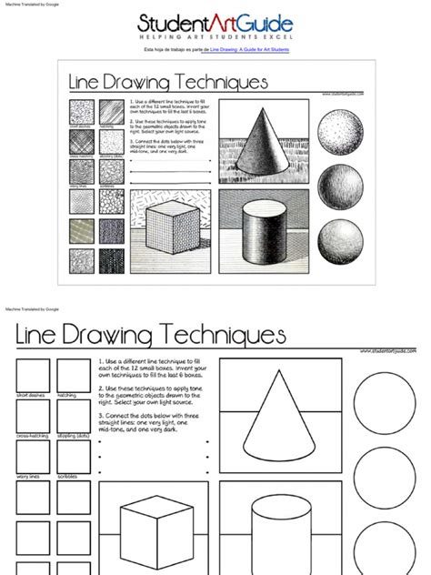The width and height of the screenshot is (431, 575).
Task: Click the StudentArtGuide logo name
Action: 215,24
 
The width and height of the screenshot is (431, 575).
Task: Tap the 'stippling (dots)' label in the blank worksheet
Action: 74,436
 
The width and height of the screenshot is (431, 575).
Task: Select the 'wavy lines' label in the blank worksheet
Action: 28,476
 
